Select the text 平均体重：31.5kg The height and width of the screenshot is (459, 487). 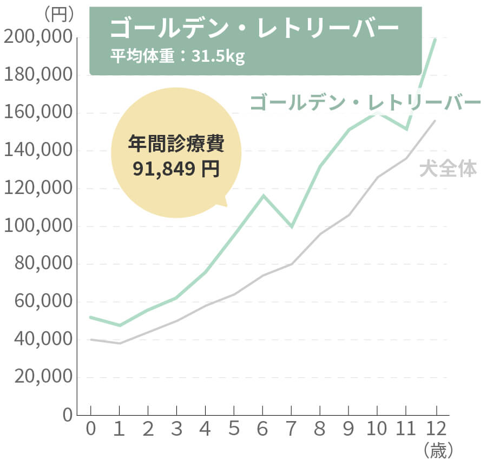coord(177,56)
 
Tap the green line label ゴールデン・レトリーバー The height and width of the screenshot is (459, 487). coord(365,103)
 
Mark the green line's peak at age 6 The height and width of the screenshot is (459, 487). coord(263,195)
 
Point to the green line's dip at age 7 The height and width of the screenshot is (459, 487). coord(292,227)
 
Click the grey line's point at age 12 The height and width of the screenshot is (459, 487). coord(435,121)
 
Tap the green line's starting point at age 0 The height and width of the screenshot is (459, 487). coord(91,317)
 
